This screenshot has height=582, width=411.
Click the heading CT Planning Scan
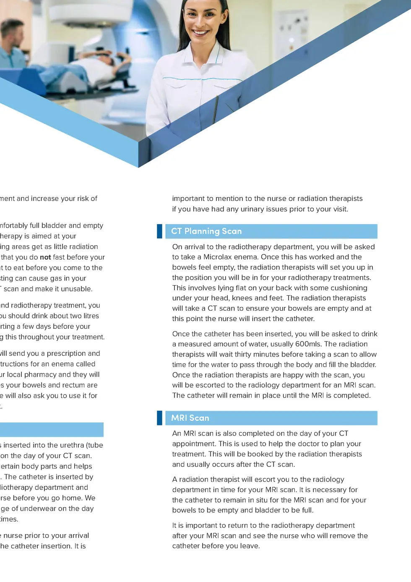tap(206, 231)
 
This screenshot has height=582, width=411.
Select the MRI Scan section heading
tap(190, 418)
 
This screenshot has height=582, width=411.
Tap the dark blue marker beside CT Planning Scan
tap(159, 231)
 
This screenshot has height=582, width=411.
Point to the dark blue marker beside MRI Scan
tap(159, 418)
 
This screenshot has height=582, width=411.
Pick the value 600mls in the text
tap(308, 344)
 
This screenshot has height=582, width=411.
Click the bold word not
tap(45, 257)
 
